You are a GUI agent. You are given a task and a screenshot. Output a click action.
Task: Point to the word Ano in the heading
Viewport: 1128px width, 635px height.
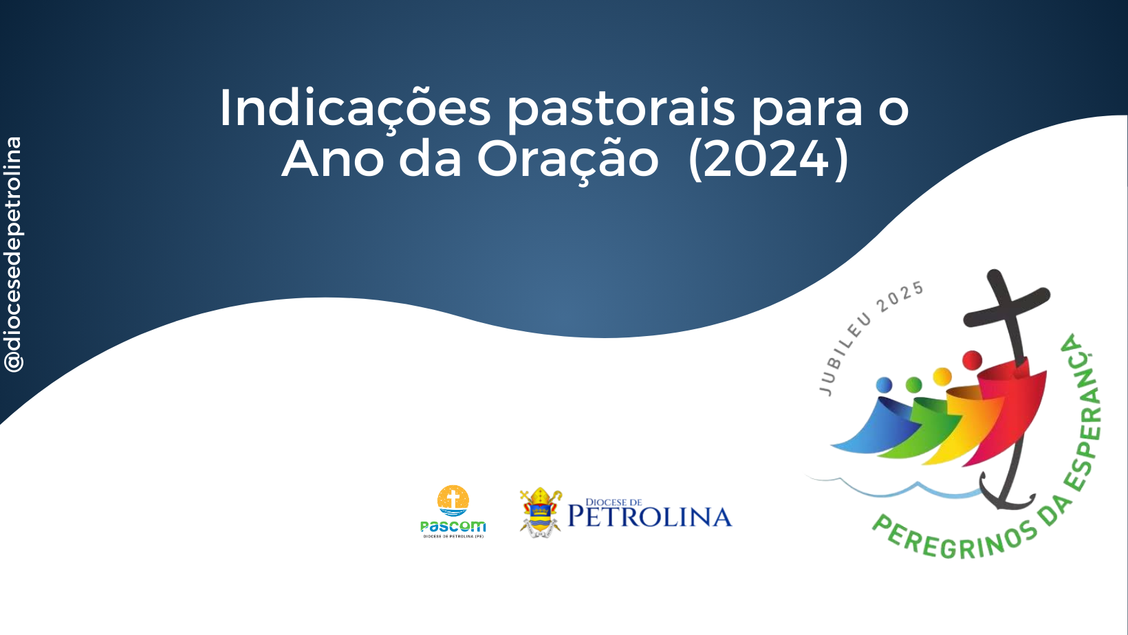point(333,159)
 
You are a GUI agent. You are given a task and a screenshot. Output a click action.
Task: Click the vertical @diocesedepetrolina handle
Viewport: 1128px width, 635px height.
point(13,254)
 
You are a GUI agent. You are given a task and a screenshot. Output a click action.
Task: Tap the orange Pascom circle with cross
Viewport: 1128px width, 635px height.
point(453,501)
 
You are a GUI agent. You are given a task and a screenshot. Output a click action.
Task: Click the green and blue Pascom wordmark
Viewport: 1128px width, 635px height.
point(453,526)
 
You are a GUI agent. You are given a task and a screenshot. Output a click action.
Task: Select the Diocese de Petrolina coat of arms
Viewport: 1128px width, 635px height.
point(541,512)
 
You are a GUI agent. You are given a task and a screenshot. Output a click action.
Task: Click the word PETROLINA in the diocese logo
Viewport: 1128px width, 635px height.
point(650,517)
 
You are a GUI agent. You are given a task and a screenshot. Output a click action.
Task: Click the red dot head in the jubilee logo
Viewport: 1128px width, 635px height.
point(972,360)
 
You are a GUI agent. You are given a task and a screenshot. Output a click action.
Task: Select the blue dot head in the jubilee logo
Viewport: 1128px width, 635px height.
point(884,386)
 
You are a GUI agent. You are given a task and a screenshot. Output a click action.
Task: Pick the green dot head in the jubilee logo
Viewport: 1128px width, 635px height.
point(913,385)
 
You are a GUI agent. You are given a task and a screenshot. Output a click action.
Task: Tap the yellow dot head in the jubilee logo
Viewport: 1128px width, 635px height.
point(942,377)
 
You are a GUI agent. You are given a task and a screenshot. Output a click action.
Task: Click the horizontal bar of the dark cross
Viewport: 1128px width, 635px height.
point(1007,307)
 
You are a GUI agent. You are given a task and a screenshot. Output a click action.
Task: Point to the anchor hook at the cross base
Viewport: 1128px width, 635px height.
point(1006,495)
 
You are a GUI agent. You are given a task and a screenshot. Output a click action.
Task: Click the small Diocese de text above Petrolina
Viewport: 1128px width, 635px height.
point(614,502)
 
